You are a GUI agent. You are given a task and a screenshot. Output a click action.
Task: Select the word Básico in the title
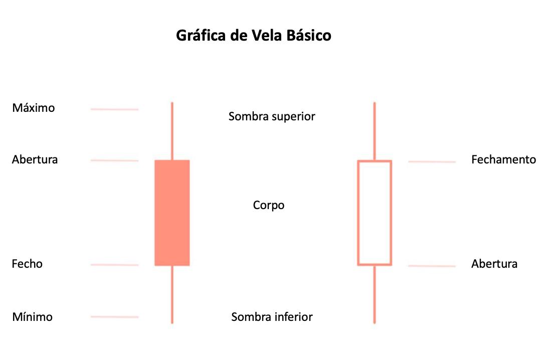tap(310, 36)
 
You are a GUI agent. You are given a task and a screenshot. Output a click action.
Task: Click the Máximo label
tap(34, 108)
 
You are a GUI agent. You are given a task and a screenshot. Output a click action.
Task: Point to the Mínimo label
tap(32, 317)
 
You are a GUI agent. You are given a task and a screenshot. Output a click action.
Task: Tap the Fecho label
tap(27, 264)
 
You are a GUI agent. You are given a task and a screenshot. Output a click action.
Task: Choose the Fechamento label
tap(503, 160)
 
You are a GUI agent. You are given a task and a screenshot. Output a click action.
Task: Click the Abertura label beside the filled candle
tap(35, 160)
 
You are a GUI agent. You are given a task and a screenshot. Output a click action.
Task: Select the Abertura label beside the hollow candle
tap(494, 264)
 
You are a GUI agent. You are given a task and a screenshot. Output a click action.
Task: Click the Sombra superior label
tap(272, 117)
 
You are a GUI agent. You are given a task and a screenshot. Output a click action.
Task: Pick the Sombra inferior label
tap(272, 317)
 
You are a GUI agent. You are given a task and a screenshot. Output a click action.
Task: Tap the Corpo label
tap(269, 206)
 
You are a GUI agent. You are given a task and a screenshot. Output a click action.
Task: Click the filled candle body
tap(172, 213)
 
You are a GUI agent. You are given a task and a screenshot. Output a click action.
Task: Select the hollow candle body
tap(375, 213)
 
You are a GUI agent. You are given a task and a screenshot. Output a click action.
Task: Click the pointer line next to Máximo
tap(114, 109)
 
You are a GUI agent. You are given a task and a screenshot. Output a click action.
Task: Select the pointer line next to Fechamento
tap(432, 161)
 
